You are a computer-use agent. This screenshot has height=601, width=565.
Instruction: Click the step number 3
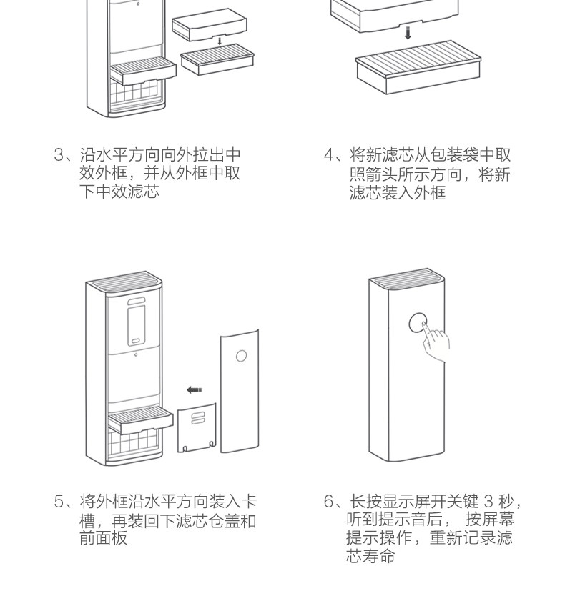click(59, 155)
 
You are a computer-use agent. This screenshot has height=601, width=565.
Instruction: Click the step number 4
click(329, 155)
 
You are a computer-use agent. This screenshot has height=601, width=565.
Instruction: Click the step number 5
click(59, 502)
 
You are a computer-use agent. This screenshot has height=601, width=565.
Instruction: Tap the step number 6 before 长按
click(329, 502)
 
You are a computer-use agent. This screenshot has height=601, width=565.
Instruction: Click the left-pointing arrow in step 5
click(195, 389)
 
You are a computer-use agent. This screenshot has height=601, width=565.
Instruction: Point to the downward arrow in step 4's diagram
click(408, 34)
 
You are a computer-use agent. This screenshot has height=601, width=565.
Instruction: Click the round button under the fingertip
click(417, 323)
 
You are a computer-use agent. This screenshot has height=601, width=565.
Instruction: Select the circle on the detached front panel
click(242, 355)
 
